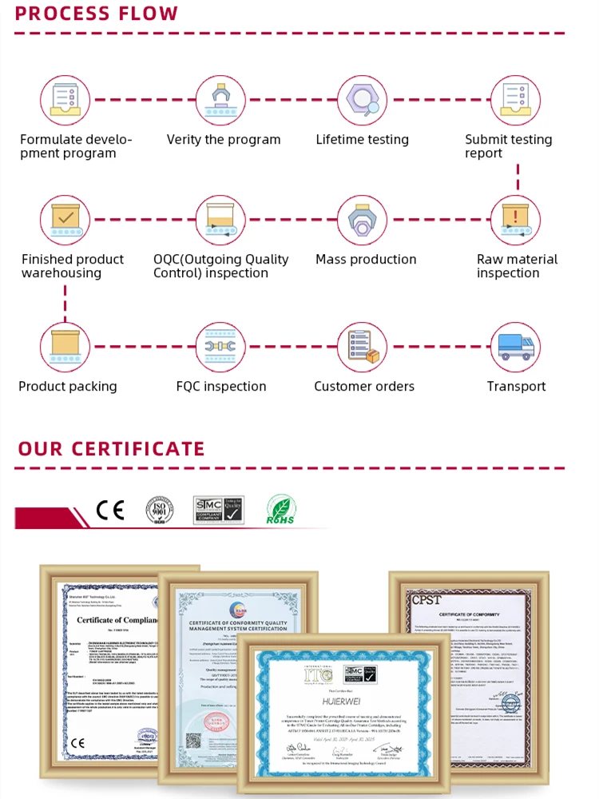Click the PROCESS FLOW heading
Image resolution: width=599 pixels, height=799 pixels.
[x=97, y=14]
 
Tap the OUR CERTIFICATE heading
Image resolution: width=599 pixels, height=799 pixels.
[x=111, y=448]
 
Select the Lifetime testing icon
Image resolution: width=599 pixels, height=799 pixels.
[x=362, y=100]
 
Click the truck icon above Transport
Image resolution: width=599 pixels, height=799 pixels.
[x=515, y=348]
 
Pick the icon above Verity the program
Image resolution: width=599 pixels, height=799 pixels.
[x=221, y=100]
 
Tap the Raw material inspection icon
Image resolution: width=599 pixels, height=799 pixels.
[x=515, y=220]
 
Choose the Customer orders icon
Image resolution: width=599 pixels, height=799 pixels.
[x=362, y=348]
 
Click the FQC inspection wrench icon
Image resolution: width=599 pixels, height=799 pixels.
[x=221, y=348]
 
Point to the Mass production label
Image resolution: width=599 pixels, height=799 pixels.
[x=366, y=260]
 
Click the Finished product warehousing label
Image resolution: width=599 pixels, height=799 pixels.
[x=72, y=266]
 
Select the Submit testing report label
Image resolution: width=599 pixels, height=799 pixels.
[x=508, y=146]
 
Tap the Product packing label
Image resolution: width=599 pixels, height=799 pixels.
[x=68, y=387]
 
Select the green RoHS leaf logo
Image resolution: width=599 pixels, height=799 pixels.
[x=280, y=511]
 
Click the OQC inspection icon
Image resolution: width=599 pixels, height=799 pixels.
[x=221, y=220]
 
